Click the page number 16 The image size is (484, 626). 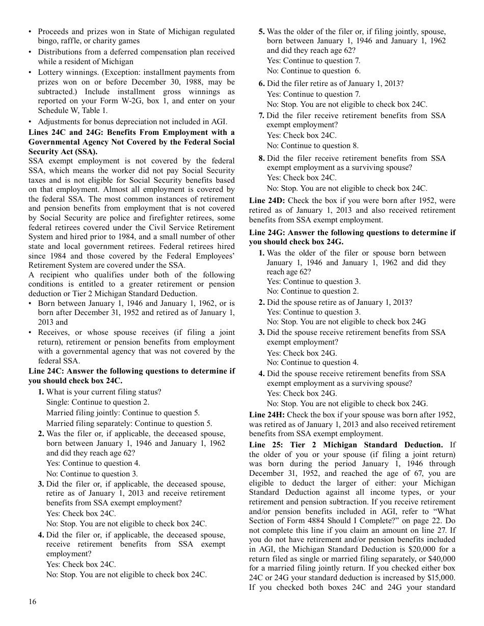click(33, 602)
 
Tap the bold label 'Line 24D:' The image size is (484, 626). click(267, 201)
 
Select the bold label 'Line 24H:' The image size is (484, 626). click(267, 415)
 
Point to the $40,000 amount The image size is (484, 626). click(441, 559)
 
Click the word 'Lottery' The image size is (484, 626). click(51, 73)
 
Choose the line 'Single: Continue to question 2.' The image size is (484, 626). click(98, 402)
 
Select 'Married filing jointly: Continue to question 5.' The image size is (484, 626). click(123, 413)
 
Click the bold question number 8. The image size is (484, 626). click(261, 158)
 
